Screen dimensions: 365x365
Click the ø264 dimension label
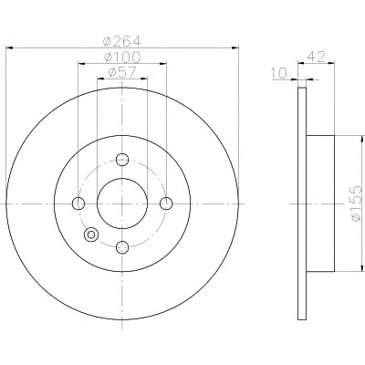pos(122,41)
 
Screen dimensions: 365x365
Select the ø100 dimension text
pos(122,57)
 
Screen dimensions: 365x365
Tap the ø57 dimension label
pos(122,72)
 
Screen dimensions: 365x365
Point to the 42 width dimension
pos(317,57)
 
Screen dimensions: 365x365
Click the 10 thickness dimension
pos(279,73)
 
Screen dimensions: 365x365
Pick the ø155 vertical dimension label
pos(356,203)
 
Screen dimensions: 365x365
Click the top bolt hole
pos(122,160)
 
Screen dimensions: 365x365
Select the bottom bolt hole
pos(122,247)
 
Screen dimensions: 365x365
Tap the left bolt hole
pos(78,203)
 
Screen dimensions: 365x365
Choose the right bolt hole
pos(166,203)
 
